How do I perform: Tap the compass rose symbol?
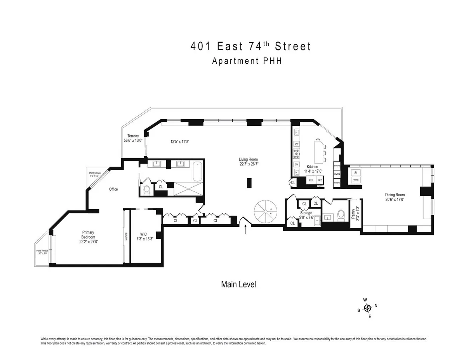(x=367, y=308)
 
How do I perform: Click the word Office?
(x=113, y=189)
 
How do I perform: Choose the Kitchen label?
(x=312, y=167)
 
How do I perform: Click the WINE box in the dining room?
(x=355, y=180)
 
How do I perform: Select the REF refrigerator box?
(x=311, y=180)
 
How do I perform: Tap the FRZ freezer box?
(x=320, y=180)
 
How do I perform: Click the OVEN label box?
(x=337, y=174)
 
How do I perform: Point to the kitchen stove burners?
(x=297, y=154)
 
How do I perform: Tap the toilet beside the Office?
(x=147, y=190)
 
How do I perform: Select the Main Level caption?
(x=238, y=284)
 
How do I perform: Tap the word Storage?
(x=306, y=213)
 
